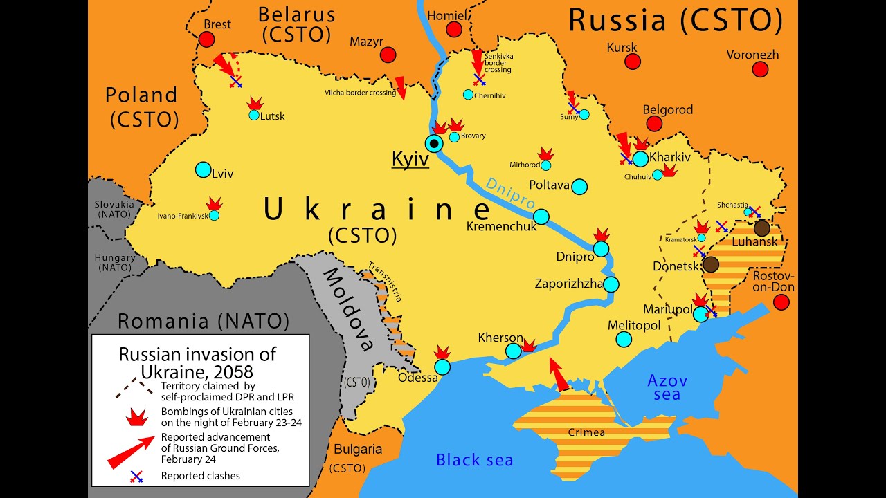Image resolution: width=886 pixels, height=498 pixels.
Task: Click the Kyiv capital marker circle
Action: pos(434,144)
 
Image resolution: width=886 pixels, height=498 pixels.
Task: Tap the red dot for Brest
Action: pos(206,39)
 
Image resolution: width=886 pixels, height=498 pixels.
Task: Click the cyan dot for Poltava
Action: pos(579,187)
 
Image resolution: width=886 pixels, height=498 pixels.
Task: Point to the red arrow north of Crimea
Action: pos(557,374)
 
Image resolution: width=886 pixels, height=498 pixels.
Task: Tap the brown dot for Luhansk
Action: pos(761,228)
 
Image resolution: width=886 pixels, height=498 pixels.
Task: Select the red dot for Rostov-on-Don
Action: pos(781,302)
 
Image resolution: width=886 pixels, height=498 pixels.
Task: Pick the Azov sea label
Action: pos(667,387)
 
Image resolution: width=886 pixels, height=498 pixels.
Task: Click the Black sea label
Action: pos(474,460)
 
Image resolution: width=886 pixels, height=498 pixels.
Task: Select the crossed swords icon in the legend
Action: pos(136,476)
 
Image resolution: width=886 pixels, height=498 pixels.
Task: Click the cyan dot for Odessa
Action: pos(442,367)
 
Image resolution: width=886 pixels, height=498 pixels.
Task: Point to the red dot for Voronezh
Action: pos(760,69)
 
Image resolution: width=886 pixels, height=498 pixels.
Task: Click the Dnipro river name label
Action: pos(510,194)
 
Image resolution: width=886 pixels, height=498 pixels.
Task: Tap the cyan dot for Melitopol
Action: pos(624,339)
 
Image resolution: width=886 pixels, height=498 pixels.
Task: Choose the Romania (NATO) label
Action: pos(203,321)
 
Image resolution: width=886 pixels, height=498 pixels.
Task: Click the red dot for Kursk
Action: pos(633,62)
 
